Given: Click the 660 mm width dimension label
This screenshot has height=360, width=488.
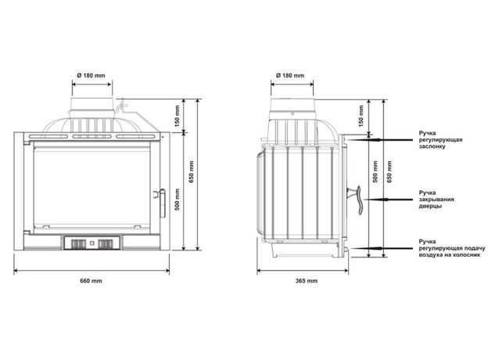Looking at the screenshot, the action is pyautogui.click(x=91, y=281).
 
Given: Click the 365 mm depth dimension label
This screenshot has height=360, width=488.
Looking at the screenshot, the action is pyautogui.click(x=307, y=281).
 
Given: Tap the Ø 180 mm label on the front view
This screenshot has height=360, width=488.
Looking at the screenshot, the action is pyautogui.click(x=91, y=75).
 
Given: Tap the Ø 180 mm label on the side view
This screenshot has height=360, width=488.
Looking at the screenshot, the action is pyautogui.click(x=290, y=75).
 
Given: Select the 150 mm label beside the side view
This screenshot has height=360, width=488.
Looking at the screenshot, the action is pyautogui.click(x=361, y=116).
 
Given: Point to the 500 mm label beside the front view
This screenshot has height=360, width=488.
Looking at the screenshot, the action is pyautogui.click(x=177, y=200).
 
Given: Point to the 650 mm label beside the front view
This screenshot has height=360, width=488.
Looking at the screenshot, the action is pyautogui.click(x=192, y=171).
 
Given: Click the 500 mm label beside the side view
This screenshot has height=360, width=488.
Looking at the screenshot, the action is pyautogui.click(x=375, y=171).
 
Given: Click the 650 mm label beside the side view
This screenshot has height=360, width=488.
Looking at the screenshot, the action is pyautogui.click(x=389, y=171).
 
